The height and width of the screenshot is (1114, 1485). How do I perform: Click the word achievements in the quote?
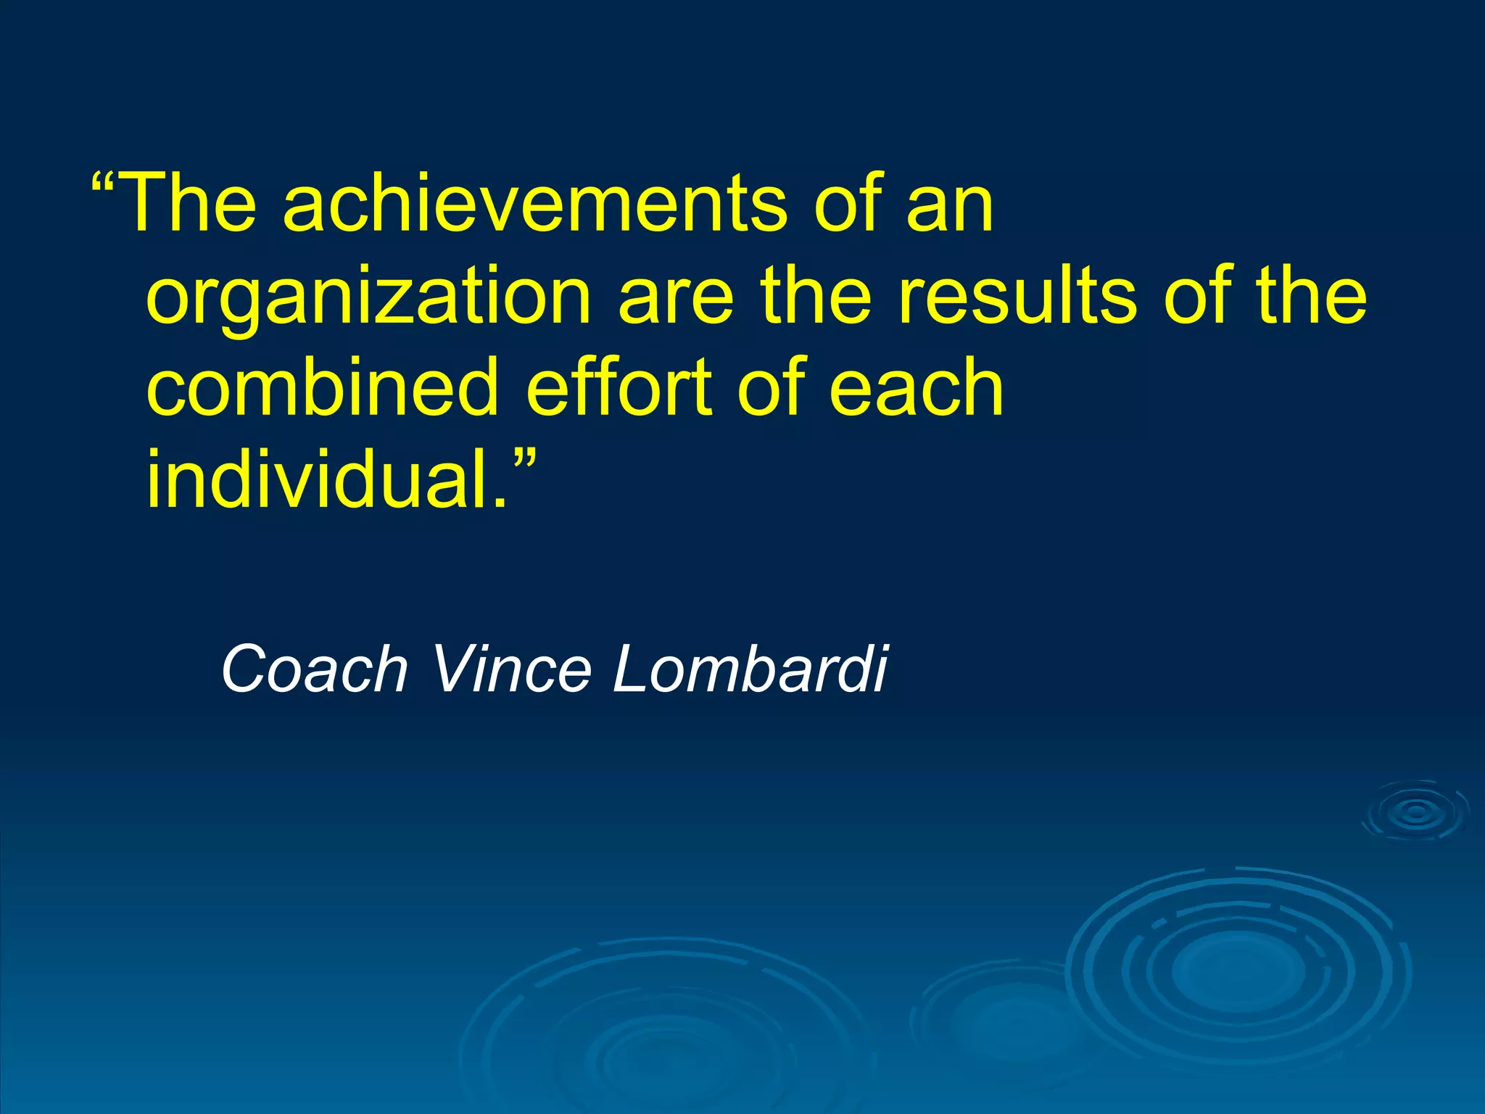click(534, 205)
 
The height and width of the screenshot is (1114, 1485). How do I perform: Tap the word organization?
click(368, 297)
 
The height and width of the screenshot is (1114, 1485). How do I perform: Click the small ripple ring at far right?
click(1416, 812)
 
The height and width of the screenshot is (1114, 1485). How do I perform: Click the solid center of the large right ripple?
click(1238, 970)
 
